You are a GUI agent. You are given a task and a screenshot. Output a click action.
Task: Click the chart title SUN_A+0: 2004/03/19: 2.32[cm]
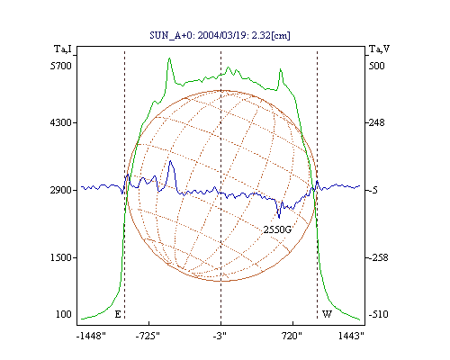[220, 35]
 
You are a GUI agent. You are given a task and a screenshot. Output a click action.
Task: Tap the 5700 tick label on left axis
[61, 66]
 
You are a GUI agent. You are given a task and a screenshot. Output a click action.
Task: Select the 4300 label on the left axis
[61, 122]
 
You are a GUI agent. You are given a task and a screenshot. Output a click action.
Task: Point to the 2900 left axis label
[61, 190]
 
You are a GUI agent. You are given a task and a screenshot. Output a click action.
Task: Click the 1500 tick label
[61, 257]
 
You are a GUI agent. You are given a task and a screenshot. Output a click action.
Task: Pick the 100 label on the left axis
[64, 314]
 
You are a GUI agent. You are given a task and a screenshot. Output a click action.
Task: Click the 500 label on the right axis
[376, 66]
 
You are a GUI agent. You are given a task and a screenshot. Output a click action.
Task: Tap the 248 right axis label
[376, 122]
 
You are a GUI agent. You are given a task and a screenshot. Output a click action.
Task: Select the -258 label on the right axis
[378, 257]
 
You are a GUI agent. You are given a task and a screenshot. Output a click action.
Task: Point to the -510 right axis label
[378, 314]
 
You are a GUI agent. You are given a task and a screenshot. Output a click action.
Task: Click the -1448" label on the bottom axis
[91, 336]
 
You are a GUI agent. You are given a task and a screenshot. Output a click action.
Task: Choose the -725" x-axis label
[148, 336]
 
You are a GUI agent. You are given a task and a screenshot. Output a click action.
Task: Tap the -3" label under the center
[220, 336]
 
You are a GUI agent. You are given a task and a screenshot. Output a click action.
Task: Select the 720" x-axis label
[292, 336]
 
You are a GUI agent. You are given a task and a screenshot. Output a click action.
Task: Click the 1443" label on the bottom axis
[351, 336]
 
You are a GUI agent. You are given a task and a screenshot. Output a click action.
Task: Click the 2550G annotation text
[277, 229]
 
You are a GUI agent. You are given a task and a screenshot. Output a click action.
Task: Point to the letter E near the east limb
[118, 314]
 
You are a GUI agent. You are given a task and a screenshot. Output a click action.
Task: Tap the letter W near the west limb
[327, 314]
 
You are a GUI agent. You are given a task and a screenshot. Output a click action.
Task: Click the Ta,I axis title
[63, 49]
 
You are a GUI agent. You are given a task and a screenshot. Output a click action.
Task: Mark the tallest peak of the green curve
[169, 58]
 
